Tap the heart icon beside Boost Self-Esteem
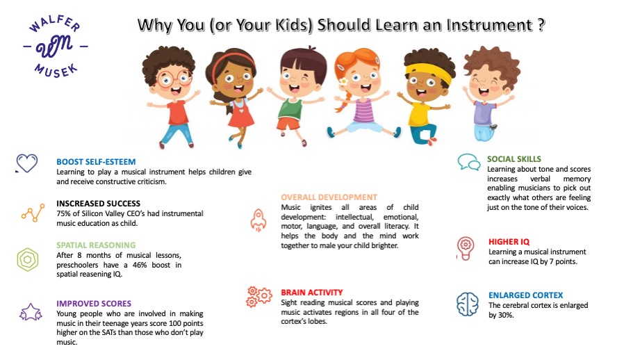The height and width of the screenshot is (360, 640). pyautogui.click(x=26, y=163)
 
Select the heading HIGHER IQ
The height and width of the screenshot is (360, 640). pyautogui.click(x=509, y=242)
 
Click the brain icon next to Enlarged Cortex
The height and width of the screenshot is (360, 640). pyautogui.click(x=468, y=304)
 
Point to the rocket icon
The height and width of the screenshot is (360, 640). pyautogui.click(x=259, y=220)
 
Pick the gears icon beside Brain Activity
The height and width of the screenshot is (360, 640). pyautogui.click(x=259, y=296)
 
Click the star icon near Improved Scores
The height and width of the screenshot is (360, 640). pyautogui.click(x=31, y=312)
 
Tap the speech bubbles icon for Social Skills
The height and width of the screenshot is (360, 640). pyautogui.click(x=468, y=162)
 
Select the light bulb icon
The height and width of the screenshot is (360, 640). pyautogui.click(x=466, y=248)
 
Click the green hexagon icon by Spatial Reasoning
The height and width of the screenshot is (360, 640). pyautogui.click(x=28, y=260)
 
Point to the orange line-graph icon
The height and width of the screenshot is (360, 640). pyautogui.click(x=33, y=213)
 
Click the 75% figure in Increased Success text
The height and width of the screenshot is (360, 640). pyautogui.click(x=64, y=213)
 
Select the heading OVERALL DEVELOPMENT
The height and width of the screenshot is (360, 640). pyautogui.click(x=329, y=197)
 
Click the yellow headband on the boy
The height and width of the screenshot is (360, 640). pyautogui.click(x=429, y=72)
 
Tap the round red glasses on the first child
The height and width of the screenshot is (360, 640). pyautogui.click(x=174, y=79)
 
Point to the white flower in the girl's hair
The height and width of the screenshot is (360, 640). pyautogui.click(x=343, y=81)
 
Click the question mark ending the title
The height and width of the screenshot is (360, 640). pyautogui.click(x=541, y=25)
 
